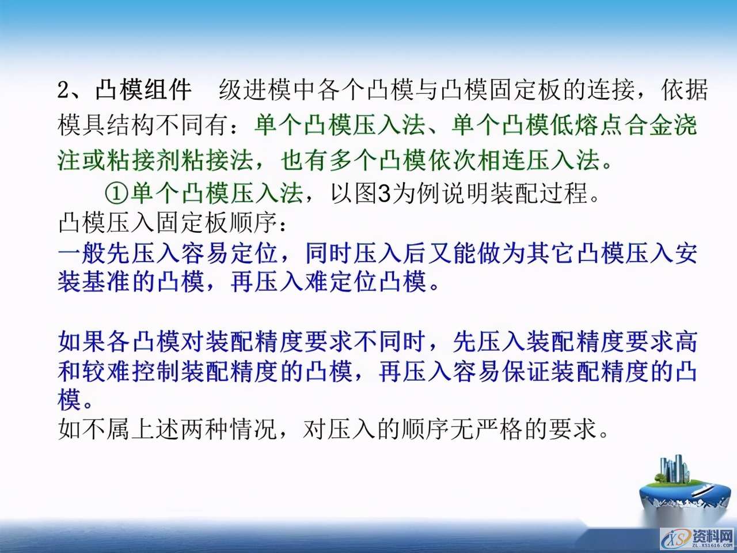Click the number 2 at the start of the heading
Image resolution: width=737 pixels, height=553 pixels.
63,90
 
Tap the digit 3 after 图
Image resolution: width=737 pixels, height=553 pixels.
384,194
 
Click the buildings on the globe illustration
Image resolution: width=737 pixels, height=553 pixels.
674,469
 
